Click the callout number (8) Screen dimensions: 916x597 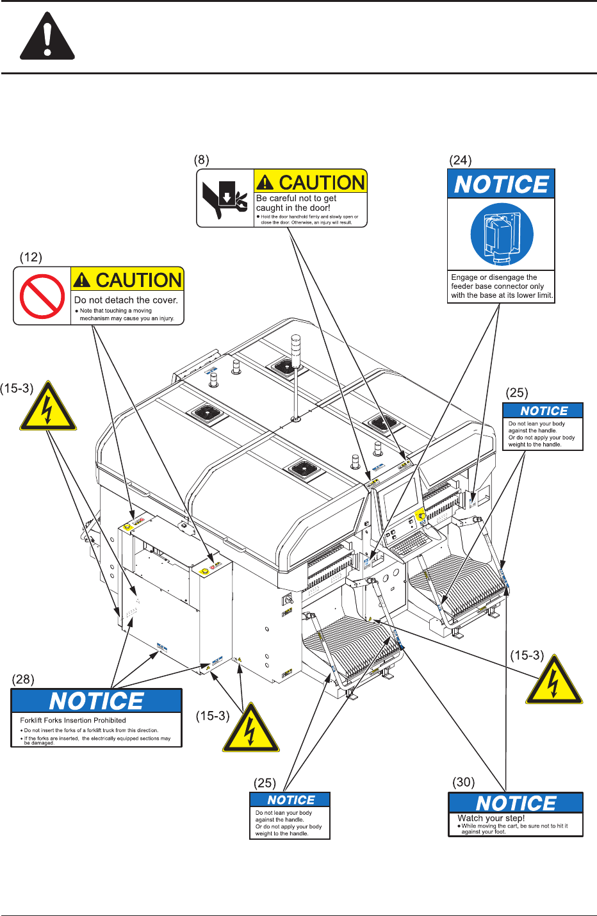pyautogui.click(x=202, y=160)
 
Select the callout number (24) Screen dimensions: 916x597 pyautogui.click(x=460, y=160)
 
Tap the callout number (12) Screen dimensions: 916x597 pyautogui.click(x=31, y=258)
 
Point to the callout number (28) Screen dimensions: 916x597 pyautogui.click(x=23, y=679)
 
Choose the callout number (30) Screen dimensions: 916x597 pyautogui.click(x=464, y=782)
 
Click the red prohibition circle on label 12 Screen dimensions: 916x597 pyautogui.click(x=42, y=297)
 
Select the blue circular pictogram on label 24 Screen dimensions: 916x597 pyautogui.click(x=502, y=234)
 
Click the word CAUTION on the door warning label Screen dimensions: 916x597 pyautogui.click(x=322, y=183)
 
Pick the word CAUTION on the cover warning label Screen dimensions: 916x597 pyautogui.click(x=138, y=280)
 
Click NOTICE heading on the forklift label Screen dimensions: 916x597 pyautogui.click(x=97, y=701)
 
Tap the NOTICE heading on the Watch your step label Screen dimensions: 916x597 pyautogui.click(x=516, y=803)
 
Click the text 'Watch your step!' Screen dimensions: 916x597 pyautogui.click(x=491, y=818)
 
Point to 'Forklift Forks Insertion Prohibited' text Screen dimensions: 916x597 pyautogui.click(x=73, y=721)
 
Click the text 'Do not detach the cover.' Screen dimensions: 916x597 pyautogui.click(x=126, y=300)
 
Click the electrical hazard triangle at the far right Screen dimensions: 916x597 pyautogui.click(x=554, y=681)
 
